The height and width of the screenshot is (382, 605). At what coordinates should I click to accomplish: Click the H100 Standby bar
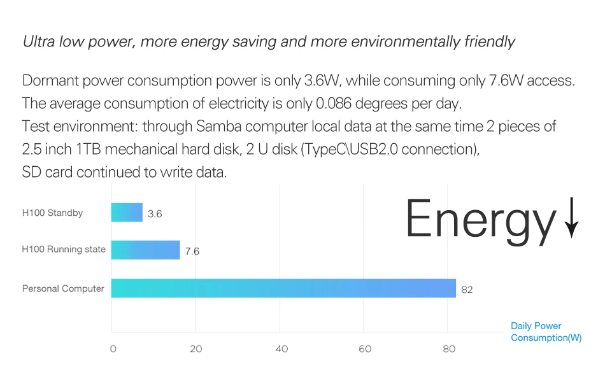(127, 213)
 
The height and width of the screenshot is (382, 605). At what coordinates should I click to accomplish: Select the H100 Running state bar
(145, 250)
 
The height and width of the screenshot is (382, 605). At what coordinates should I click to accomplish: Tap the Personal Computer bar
(283, 288)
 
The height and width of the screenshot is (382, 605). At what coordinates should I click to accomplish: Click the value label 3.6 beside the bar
(155, 214)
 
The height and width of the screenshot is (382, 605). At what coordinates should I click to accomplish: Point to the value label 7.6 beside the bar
(192, 251)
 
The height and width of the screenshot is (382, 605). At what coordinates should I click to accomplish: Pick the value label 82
(467, 290)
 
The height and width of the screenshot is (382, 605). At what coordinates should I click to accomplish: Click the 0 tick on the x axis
(113, 349)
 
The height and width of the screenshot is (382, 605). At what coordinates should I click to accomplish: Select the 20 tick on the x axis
(196, 349)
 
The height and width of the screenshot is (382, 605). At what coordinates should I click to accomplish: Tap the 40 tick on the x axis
(281, 349)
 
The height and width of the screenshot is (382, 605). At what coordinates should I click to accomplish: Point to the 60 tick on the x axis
(365, 349)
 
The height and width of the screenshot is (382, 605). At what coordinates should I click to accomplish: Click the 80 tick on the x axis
(449, 349)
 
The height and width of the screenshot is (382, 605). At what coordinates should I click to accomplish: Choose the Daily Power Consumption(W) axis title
(546, 332)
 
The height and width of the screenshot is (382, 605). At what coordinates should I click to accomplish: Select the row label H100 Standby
(52, 213)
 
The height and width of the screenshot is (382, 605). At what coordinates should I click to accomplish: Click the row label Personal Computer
(63, 288)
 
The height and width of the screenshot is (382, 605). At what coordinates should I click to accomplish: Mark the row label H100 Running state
(64, 250)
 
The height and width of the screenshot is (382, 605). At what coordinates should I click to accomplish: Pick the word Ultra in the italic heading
(39, 42)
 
